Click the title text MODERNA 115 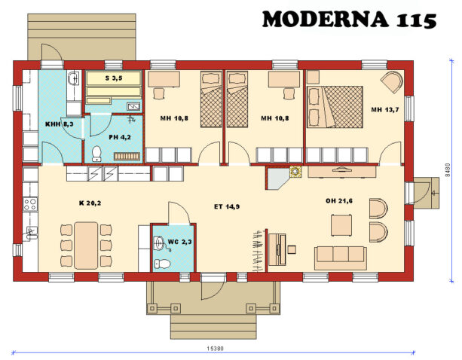tap(349, 20)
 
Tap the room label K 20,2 tap(90, 203)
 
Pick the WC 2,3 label tap(179, 241)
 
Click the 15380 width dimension tap(215, 349)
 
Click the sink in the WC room tap(158, 243)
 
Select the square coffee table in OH tap(341, 224)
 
